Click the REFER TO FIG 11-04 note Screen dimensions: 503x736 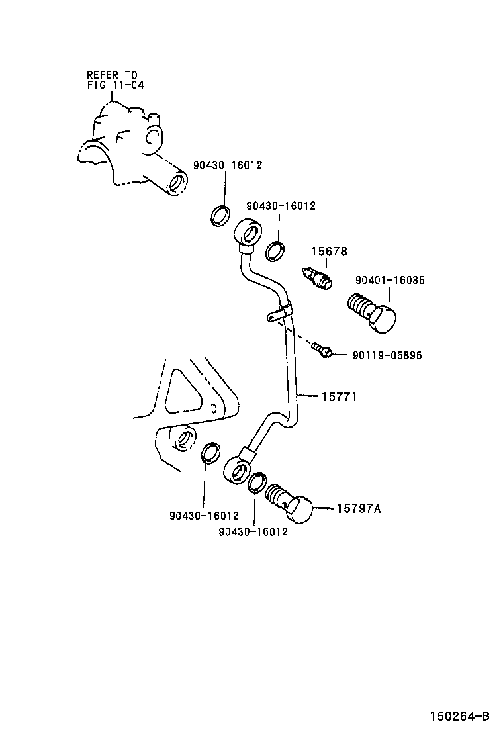coord(115,80)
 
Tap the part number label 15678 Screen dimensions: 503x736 coord(330,252)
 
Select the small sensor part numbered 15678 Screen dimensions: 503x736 coord(317,277)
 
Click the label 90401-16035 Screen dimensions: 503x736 coord(390,280)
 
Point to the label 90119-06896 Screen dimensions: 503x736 coord(387,355)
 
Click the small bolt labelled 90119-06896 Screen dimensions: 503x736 coord(322,349)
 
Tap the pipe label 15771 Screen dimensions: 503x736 coord(340,397)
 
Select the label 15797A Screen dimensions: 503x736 coord(359,508)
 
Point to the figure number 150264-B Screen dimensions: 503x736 coord(460,716)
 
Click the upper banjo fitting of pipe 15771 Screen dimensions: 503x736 coord(246,232)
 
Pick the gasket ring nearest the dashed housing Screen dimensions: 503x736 coord(220,216)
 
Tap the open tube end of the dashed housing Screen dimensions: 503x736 coord(177,183)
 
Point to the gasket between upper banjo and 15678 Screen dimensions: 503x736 coord(275,251)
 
